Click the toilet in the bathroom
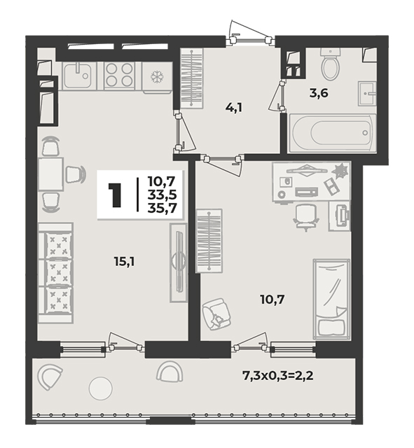click(330, 64)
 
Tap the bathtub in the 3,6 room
click(333, 133)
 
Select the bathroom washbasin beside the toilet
click(367, 93)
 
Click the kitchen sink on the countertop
click(78, 76)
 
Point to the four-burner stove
click(119, 76)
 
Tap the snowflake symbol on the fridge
click(157, 77)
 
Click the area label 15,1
click(125, 261)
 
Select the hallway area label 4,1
click(233, 108)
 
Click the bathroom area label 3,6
click(319, 93)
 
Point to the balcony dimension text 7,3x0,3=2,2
click(277, 375)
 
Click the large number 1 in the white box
click(115, 195)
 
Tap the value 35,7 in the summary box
click(162, 208)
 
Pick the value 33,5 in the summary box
click(162, 195)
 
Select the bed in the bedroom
click(331, 299)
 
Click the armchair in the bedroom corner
click(216, 314)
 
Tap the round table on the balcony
click(100, 388)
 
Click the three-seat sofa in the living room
click(55, 273)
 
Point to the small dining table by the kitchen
click(50, 174)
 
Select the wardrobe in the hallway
click(191, 78)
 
